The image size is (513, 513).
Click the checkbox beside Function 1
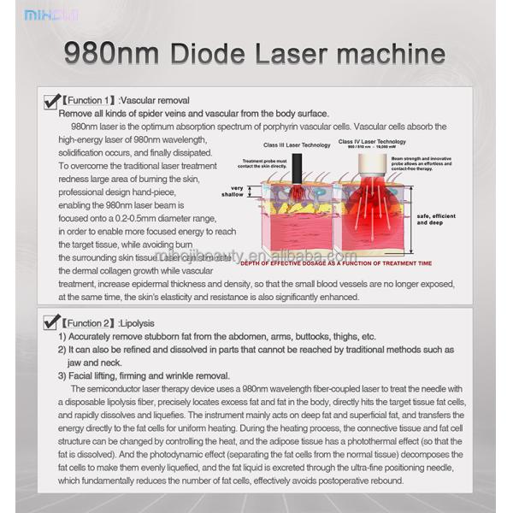(x=50, y=103)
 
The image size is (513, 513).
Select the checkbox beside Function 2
(x=50, y=322)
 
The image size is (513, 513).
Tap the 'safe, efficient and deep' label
(x=436, y=220)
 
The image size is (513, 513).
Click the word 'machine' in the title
(x=389, y=53)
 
